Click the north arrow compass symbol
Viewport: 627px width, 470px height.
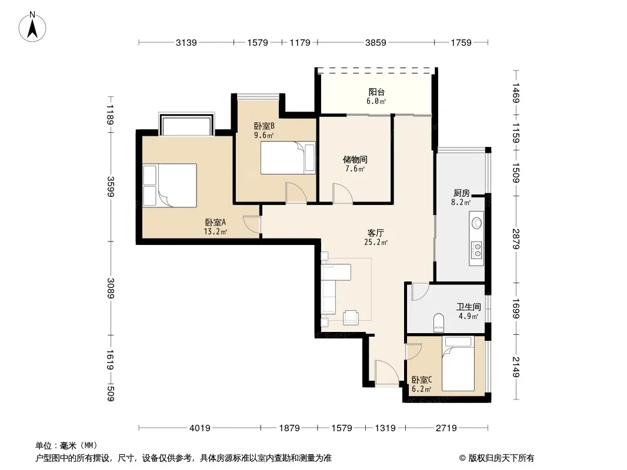pyautogui.click(x=32, y=26)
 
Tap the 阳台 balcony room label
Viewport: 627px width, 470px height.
pyautogui.click(x=376, y=92)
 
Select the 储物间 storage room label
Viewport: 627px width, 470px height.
pyautogui.click(x=355, y=160)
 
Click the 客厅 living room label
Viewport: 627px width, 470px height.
pyautogui.click(x=376, y=233)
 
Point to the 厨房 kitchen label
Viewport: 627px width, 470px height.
pyautogui.click(x=462, y=193)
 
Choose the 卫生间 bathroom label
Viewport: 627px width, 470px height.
pyautogui.click(x=469, y=307)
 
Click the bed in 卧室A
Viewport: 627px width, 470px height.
pyautogui.click(x=170, y=185)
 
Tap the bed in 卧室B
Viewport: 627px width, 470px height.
pyautogui.click(x=288, y=157)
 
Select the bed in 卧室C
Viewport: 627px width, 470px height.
pyautogui.click(x=458, y=364)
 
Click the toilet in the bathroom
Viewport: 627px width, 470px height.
pyautogui.click(x=439, y=322)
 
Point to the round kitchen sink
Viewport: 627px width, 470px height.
pyautogui.click(x=476, y=223)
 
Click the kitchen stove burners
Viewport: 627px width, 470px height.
pyautogui.click(x=476, y=250)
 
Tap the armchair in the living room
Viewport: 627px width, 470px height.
pyautogui.click(x=351, y=317)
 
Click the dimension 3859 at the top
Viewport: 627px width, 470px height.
pyautogui.click(x=375, y=42)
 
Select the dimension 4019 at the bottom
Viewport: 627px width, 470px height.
pyautogui.click(x=199, y=428)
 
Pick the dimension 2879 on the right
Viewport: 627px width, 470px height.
pyautogui.click(x=516, y=239)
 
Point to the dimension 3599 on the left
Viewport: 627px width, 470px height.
pyautogui.click(x=111, y=186)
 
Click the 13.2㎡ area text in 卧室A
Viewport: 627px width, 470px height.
pyautogui.click(x=215, y=231)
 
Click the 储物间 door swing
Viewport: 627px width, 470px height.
pyautogui.click(x=342, y=194)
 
